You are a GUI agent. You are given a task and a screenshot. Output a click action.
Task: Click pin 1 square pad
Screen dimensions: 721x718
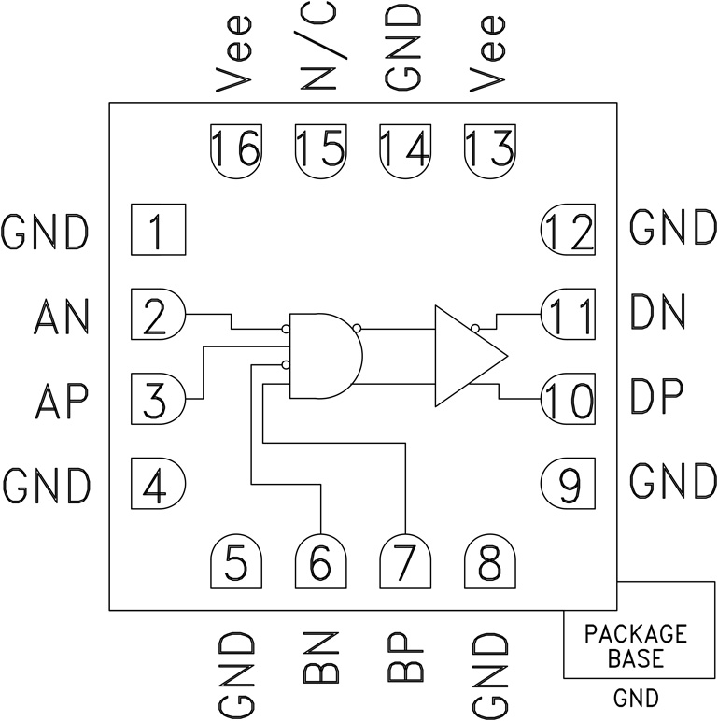point(158,230)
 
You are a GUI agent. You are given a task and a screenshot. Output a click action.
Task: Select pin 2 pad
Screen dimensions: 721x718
point(158,315)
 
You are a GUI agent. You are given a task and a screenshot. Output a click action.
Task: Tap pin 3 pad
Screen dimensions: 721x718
point(158,399)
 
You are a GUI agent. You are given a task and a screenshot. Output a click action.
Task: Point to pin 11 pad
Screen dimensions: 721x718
point(569,315)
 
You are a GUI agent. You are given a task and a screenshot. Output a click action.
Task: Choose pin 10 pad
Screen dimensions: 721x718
point(569,399)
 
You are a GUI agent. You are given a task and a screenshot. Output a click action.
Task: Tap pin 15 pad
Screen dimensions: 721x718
point(320,148)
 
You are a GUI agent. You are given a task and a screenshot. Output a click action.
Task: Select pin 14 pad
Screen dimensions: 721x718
point(405,148)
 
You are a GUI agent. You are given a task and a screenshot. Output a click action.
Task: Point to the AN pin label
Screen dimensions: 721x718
point(61,317)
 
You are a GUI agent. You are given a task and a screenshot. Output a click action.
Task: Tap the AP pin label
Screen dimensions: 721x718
point(61,401)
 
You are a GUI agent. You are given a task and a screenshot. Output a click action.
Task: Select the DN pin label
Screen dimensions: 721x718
point(659,311)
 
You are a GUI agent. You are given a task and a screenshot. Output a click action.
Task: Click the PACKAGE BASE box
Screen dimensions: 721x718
point(635,645)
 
